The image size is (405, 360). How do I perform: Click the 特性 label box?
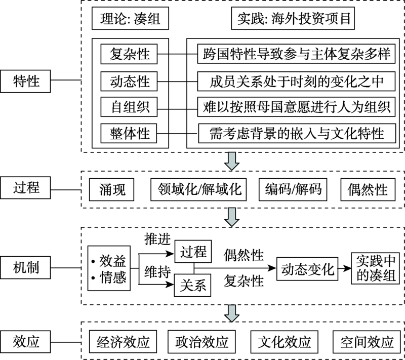26,81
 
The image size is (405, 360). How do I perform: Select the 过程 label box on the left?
26,190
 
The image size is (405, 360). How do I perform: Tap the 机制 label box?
26,266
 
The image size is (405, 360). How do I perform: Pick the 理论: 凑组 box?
130,20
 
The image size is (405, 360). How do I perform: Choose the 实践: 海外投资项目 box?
294,20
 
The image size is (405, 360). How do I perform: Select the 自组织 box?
130,107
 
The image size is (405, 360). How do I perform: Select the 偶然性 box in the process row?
368,190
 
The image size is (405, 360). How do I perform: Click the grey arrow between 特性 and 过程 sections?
232,162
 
